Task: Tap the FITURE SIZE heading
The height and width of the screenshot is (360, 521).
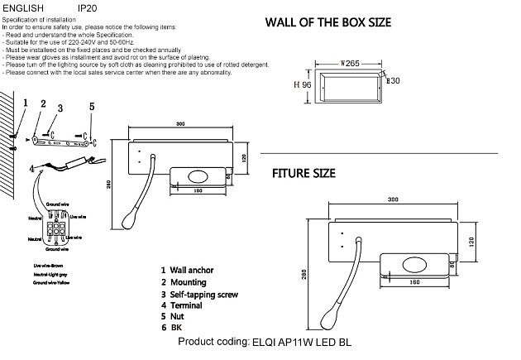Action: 304,174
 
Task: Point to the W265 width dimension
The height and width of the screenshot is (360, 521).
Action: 352,62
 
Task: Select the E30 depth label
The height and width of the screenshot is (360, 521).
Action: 394,80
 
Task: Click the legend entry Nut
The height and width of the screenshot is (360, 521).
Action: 176,317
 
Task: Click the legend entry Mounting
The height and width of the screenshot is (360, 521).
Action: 187,282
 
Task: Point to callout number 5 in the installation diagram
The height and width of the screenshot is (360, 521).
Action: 91,106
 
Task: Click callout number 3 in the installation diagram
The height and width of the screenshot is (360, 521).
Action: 60,108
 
